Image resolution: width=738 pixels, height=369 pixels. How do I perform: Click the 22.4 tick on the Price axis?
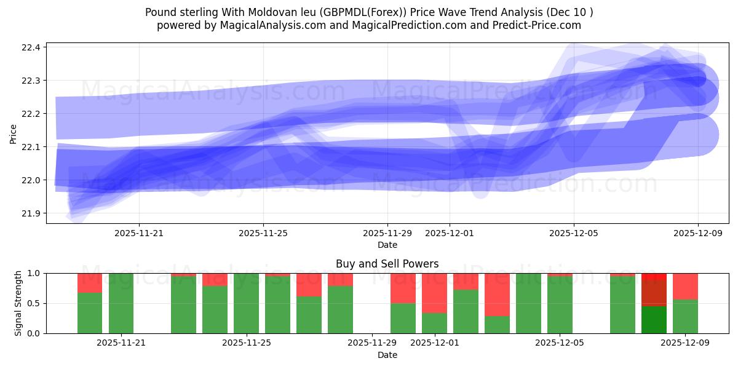[x=31, y=47]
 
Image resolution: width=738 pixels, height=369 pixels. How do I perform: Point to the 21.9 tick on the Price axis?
[x=31, y=213]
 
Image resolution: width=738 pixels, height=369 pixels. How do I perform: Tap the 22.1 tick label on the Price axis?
[x=31, y=147]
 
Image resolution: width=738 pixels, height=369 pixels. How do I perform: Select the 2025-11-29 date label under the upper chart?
[x=387, y=234]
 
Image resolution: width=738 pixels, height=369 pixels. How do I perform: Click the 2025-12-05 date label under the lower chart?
[x=560, y=343]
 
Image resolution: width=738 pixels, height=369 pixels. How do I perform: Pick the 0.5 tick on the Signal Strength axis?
[x=34, y=303]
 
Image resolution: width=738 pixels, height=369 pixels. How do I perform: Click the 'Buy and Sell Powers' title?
[x=387, y=264]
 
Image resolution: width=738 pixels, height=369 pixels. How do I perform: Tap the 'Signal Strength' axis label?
[x=18, y=303]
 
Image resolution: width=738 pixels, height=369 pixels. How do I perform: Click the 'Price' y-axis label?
[x=14, y=133]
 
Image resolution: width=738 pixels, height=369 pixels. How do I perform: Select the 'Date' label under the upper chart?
[x=387, y=245]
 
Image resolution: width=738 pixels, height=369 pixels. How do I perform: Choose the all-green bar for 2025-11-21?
[x=121, y=303]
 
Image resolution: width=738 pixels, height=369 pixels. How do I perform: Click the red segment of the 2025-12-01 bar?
[x=434, y=293]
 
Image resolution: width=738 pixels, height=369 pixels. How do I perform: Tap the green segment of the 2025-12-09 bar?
[x=685, y=316]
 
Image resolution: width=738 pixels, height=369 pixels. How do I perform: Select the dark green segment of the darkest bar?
[x=654, y=320]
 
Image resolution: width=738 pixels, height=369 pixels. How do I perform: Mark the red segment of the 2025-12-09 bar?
[x=685, y=286]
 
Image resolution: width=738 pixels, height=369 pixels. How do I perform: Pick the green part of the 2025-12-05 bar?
[x=560, y=305]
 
